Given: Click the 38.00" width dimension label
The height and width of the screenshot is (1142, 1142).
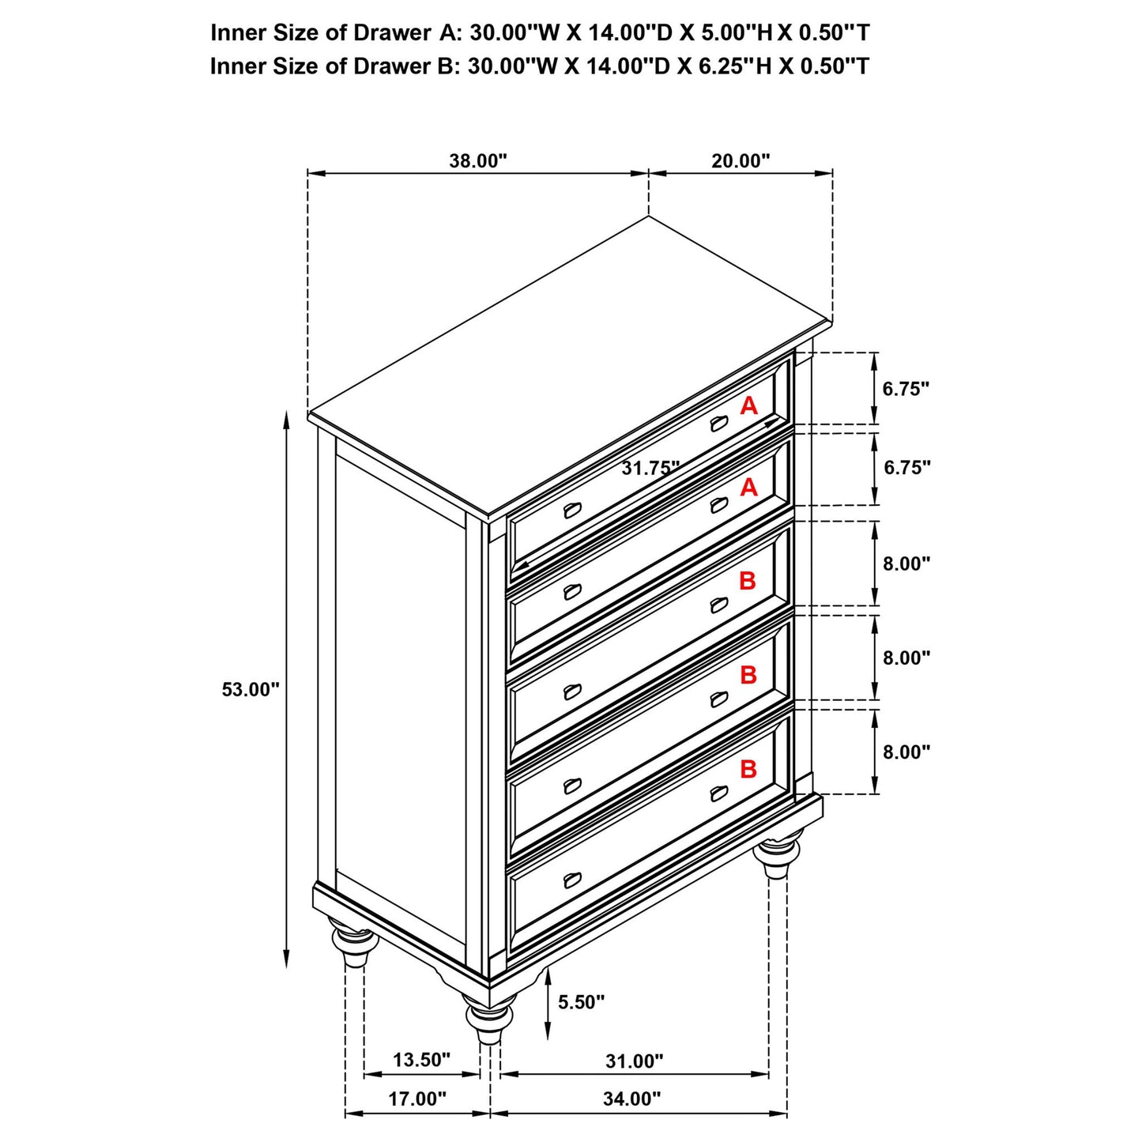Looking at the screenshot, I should pos(477,161).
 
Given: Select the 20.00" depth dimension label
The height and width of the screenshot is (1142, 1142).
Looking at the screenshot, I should pos(740,161).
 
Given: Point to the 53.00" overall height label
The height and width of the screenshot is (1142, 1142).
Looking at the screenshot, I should pos(251,689).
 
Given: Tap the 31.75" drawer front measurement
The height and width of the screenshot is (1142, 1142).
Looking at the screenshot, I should pos(650,468).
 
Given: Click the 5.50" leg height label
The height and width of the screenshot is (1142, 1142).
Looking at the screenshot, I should pos(581,1002).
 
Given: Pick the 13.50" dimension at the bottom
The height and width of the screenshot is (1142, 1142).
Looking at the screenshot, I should pos(421,1060).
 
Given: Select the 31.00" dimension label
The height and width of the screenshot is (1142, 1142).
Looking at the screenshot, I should pos(634,1061).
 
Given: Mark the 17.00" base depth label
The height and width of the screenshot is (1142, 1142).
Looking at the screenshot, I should pos(416,1099).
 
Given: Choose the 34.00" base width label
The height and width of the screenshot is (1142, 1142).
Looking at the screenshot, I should pos(631,1099).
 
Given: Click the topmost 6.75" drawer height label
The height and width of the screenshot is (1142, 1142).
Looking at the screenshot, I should pos(906,389).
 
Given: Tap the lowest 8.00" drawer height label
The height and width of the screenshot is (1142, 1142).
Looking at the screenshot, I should pos(906,752).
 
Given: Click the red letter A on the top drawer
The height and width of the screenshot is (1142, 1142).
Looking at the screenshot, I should pos(748,406).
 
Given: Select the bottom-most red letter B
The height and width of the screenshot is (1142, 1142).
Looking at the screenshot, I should pos(748,769).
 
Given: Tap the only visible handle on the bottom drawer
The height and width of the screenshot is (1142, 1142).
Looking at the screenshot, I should pos(572,880).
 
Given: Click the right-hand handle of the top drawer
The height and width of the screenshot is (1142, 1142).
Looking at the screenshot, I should pos(718,424).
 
